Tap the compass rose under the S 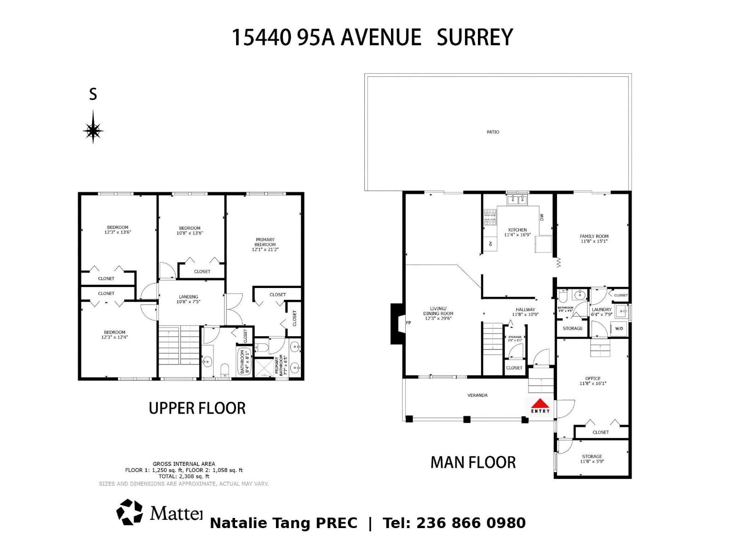(93, 131)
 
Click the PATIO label (493, 132)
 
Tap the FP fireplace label (408, 323)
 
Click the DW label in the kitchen (542, 217)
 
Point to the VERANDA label (477, 395)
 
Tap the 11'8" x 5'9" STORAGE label (592, 459)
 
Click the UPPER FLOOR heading (197, 408)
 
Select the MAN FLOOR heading (473, 462)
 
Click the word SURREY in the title (474, 37)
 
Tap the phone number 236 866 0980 (471, 523)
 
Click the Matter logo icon (130, 512)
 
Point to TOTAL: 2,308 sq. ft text (184, 477)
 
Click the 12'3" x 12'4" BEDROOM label (115, 334)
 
